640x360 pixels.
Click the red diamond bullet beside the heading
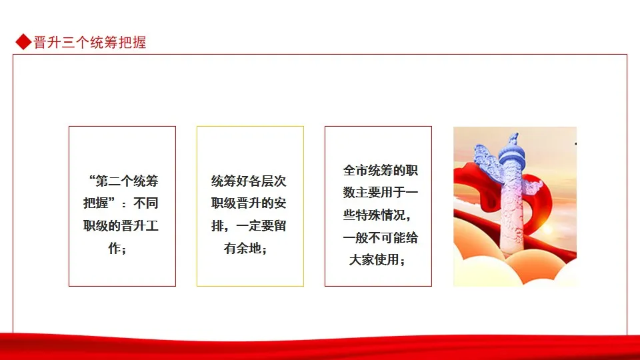(24, 41)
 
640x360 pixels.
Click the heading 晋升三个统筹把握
(90, 42)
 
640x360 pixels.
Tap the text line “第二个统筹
(123, 181)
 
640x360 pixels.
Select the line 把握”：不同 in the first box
(121, 203)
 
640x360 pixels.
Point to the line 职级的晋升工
(121, 225)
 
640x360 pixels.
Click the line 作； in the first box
(118, 248)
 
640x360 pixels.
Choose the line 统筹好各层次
(249, 181)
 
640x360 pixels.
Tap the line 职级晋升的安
(249, 203)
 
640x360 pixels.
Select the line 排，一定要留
(249, 225)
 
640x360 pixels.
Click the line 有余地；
(246, 248)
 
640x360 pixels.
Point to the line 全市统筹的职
(381, 170)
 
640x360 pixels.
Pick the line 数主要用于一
(381, 192)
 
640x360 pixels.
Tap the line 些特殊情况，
(377, 215)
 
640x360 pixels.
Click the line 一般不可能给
(381, 237)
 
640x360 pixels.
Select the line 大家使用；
(377, 259)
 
